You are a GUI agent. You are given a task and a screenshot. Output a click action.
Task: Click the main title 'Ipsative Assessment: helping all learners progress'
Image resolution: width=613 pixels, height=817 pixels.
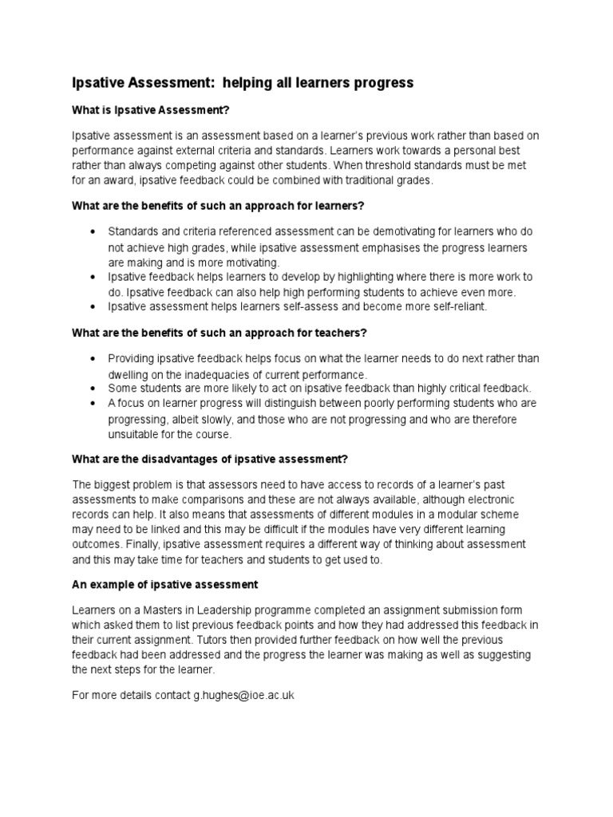coord(243,83)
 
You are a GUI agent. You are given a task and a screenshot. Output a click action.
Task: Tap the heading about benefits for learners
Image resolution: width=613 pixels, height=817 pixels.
coord(218,206)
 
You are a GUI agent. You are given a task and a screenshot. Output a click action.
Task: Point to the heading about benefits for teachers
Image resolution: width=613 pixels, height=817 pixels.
coord(219,332)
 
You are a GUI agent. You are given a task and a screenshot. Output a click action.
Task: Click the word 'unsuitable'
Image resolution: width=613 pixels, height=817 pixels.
coord(132,434)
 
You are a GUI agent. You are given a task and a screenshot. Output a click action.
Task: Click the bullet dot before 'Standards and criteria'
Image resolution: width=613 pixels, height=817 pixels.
coord(95,231)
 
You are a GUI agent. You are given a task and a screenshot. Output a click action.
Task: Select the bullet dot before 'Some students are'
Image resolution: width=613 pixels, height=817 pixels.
coord(95,388)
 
